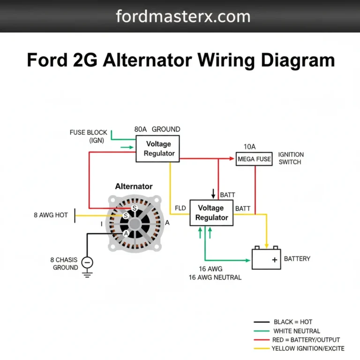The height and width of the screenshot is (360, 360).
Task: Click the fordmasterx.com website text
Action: tap(183, 16)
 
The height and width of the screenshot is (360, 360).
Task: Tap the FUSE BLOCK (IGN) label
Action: tap(89, 136)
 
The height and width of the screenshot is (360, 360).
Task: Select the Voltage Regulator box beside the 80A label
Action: tap(158, 149)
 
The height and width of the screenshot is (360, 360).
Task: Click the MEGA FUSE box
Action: tap(254, 159)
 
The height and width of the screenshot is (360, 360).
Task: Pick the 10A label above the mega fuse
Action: tap(250, 147)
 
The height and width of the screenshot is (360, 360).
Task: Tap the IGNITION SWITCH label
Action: tap(291, 158)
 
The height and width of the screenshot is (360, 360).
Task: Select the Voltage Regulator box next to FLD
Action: tap(211, 212)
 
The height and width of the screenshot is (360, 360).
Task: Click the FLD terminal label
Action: tap(180, 208)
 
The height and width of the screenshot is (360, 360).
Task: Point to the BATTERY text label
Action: tap(297, 258)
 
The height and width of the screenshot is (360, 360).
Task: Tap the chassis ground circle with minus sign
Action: tap(87, 262)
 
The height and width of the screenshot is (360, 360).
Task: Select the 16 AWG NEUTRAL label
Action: tap(215, 277)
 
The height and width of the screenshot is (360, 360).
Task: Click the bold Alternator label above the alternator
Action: tap(134, 186)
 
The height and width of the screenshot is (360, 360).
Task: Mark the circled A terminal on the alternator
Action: tap(126, 233)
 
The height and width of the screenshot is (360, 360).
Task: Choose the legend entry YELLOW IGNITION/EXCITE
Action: tap(308, 348)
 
